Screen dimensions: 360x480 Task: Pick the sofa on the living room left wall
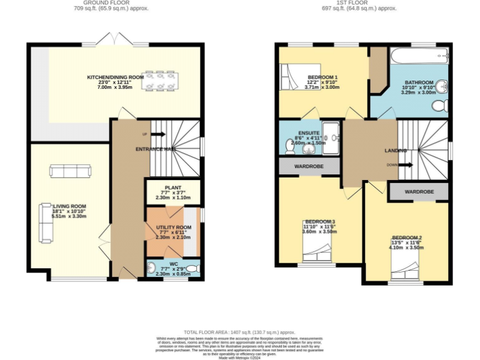tap(45, 222)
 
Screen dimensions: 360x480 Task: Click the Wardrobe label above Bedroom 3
tap(309, 166)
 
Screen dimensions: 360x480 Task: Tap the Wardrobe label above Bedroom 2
tap(419, 191)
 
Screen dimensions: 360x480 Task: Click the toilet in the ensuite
tap(291, 146)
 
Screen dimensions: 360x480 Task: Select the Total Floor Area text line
tap(239, 332)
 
